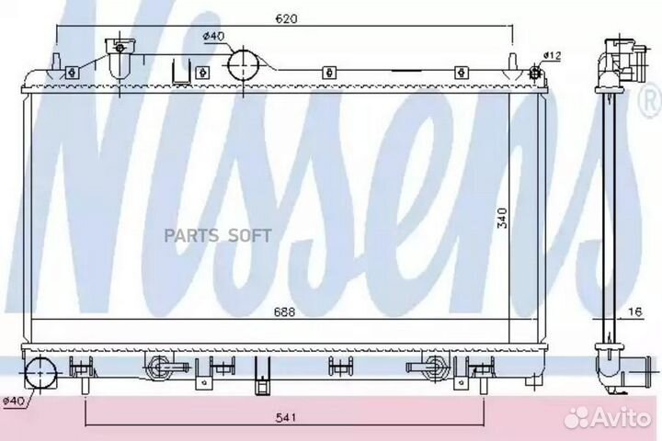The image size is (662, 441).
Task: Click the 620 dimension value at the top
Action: (286, 18)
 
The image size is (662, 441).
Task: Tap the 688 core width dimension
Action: (284, 311)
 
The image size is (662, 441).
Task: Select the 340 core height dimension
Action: (502, 218)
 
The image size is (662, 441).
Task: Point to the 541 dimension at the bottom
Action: (285, 417)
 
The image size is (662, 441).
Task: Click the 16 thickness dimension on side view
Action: (634, 311)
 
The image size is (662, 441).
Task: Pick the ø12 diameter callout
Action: (552, 55)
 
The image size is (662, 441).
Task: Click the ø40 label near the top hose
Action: (213, 37)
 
